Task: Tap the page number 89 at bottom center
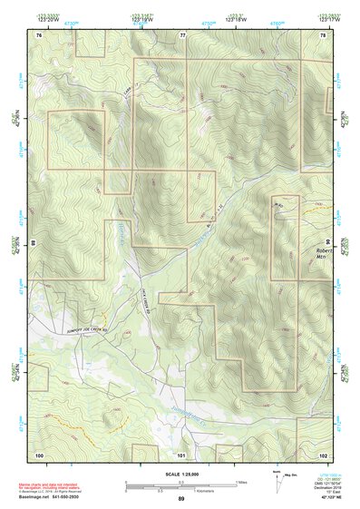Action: point(180,500)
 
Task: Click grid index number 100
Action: point(39,454)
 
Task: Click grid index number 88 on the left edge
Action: point(32,243)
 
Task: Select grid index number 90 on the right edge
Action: point(330,243)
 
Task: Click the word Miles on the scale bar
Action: point(240,482)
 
